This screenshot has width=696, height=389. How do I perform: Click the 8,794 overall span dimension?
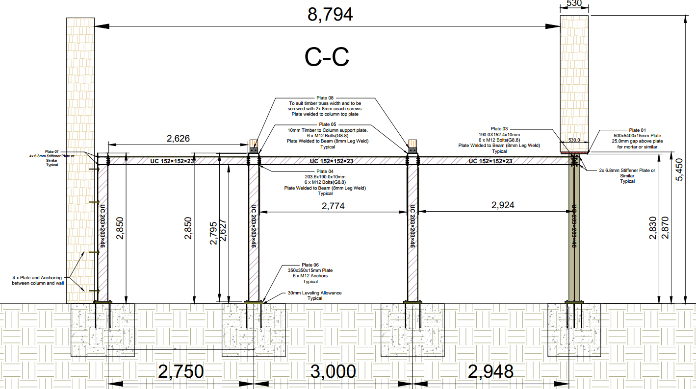point(330,15)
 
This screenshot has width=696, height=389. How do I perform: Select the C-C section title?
point(327,57)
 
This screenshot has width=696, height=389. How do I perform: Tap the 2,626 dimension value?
point(178,139)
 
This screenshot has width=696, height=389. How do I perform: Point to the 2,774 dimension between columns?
point(333,206)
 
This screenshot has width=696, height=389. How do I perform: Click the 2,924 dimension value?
point(503,205)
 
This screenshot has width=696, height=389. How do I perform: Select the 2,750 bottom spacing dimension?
point(180,372)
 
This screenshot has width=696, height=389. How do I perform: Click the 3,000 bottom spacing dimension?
point(333,372)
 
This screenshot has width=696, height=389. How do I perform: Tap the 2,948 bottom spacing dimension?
point(490,372)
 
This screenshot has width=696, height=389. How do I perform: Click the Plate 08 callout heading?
point(324,98)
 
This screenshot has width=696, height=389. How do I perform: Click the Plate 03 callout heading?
point(499,129)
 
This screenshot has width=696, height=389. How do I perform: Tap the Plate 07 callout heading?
point(52,151)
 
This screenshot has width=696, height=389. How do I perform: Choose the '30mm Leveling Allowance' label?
point(314,293)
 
